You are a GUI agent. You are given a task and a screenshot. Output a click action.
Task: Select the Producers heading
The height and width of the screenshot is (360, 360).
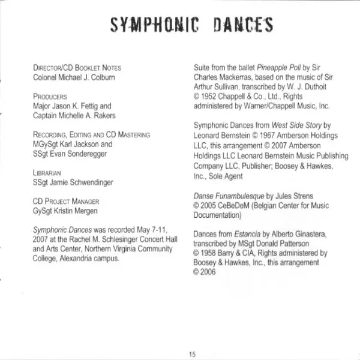50,96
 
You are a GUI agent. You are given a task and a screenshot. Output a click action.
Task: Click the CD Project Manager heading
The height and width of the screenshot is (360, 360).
66,202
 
